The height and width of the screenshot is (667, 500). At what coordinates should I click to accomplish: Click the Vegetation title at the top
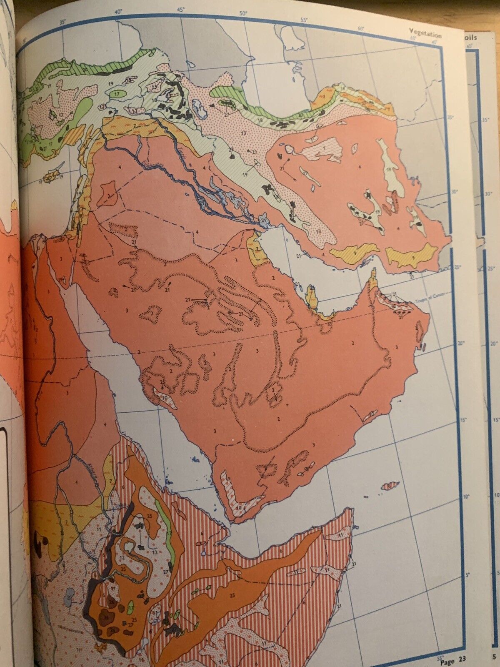coord(425,33)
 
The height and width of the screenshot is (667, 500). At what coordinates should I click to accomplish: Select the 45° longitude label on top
coord(181,9)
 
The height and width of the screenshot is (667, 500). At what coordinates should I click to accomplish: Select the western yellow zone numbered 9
coord(354,251)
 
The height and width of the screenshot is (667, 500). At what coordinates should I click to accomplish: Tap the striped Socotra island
coord(390,486)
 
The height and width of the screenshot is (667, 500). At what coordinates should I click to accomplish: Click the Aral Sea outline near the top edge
coord(292,40)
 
